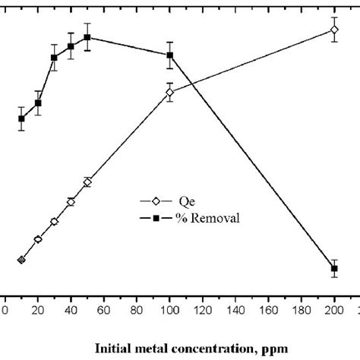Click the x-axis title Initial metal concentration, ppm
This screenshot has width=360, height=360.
(191, 349)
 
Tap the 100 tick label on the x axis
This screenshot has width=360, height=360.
(169, 309)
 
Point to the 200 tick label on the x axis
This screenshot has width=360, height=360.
(333, 309)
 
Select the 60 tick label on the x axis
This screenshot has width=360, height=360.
(103, 309)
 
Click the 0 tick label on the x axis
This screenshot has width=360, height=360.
(5, 309)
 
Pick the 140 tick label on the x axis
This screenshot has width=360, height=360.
(235, 309)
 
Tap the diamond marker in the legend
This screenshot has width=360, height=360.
(155, 202)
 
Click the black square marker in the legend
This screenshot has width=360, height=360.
(155, 218)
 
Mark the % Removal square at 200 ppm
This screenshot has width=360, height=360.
(333, 269)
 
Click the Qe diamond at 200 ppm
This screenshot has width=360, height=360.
(333, 30)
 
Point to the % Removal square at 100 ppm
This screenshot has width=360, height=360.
(169, 55)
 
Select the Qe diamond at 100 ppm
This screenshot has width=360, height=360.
(169, 93)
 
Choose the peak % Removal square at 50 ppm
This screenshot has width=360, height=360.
(87, 37)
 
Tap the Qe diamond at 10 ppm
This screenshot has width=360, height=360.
(21, 260)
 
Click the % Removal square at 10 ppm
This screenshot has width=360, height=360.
(21, 118)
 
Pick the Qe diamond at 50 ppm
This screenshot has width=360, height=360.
(87, 182)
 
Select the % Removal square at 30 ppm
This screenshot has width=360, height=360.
(54, 58)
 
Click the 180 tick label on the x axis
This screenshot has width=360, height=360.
(300, 309)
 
